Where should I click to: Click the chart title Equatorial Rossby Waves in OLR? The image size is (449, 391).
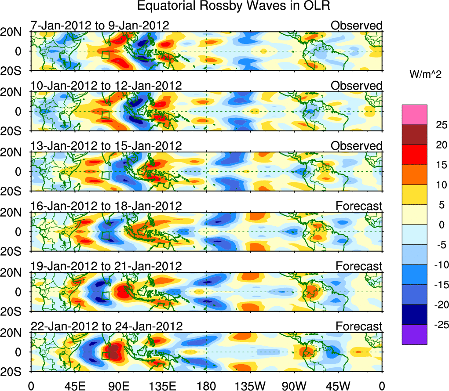point(234,6)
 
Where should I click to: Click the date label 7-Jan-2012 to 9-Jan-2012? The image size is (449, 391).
point(100,25)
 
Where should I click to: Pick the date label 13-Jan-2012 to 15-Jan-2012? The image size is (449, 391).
point(106,145)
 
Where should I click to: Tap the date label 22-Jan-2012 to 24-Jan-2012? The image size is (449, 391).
point(106,326)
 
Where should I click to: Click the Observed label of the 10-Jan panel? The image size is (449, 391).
point(357,86)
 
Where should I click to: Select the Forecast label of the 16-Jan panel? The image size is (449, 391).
point(359,206)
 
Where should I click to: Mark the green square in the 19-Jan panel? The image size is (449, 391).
point(105,295)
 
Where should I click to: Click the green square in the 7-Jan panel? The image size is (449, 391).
point(105,55)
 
